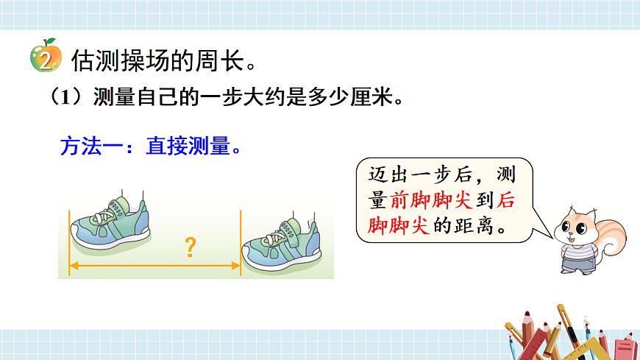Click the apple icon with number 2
(x=45, y=57)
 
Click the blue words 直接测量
(x=188, y=147)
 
